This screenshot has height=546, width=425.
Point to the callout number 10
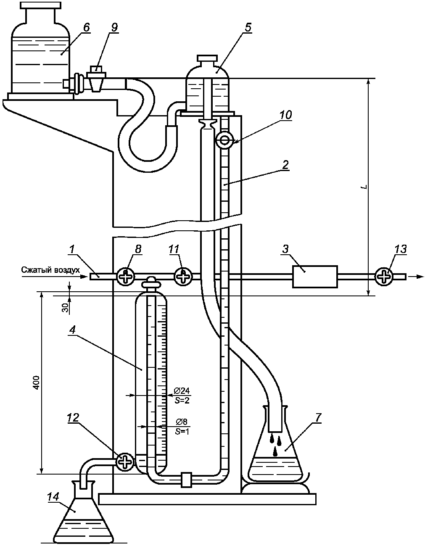285,115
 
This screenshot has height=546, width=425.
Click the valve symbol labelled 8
126,277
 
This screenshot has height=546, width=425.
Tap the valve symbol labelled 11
183,277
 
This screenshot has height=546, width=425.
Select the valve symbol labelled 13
383,277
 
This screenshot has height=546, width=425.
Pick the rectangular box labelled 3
315,277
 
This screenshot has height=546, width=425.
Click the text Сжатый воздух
50,270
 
